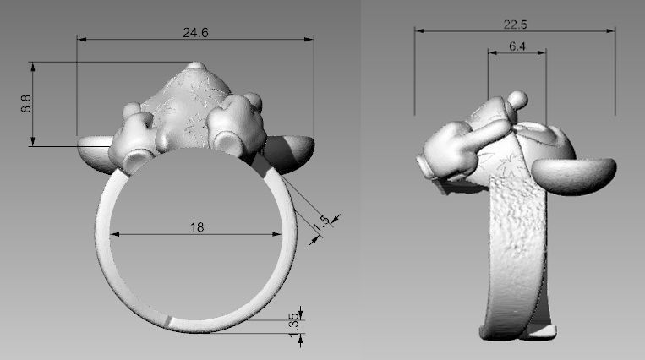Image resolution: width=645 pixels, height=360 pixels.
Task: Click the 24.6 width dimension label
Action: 195,32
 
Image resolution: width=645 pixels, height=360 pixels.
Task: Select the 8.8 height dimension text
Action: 26,104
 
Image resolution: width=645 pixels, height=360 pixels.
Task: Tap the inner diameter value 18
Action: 196,227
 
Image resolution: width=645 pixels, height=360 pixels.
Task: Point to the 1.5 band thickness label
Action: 321,225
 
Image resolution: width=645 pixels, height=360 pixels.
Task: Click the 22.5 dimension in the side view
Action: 515,25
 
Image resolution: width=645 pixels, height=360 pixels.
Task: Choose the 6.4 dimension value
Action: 517,46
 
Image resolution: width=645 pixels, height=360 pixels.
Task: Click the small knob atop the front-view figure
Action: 195,67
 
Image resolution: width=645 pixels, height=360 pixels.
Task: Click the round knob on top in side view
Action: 517,101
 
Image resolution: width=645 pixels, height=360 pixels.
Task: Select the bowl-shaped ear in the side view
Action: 574,172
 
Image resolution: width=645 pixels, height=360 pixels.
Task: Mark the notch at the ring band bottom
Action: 168,319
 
